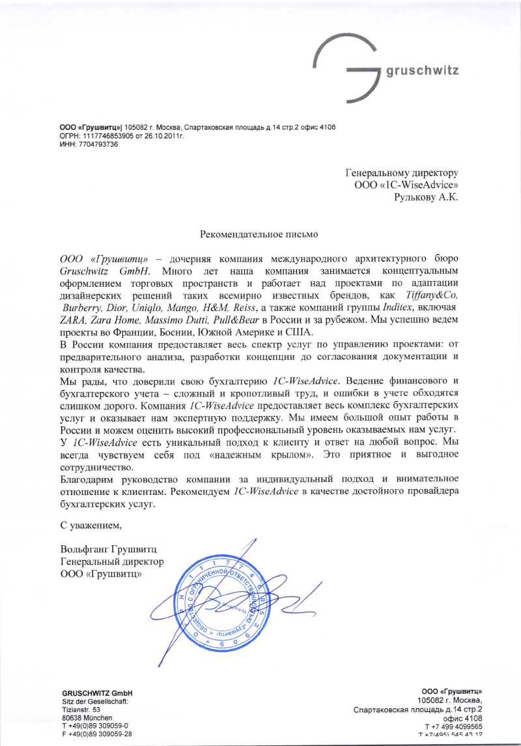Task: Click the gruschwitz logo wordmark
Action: pos(423,71)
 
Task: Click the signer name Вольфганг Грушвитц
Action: pos(109,548)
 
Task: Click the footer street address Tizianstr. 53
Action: pos(81,709)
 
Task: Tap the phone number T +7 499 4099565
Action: pos(453,726)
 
